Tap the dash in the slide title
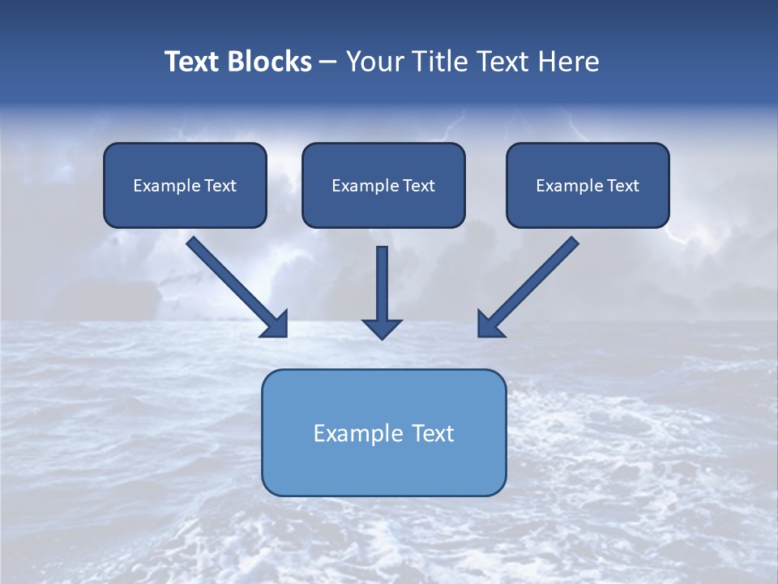coord(328,62)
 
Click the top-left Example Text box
coord(185,186)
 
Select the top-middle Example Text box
coord(383,186)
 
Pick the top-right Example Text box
coord(588,186)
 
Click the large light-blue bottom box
coord(383,432)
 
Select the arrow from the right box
coord(531,284)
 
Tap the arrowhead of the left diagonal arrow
coord(276,324)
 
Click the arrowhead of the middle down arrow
coord(382,328)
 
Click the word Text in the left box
coord(220,186)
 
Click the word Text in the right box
coord(622,186)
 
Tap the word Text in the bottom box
coord(434,433)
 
